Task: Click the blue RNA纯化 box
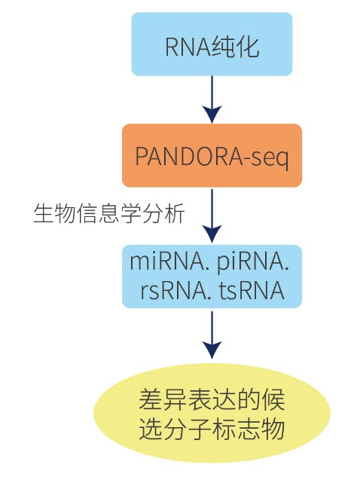coord(212,44)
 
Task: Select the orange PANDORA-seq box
coord(212,155)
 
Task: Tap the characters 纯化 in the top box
coord(239,47)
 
